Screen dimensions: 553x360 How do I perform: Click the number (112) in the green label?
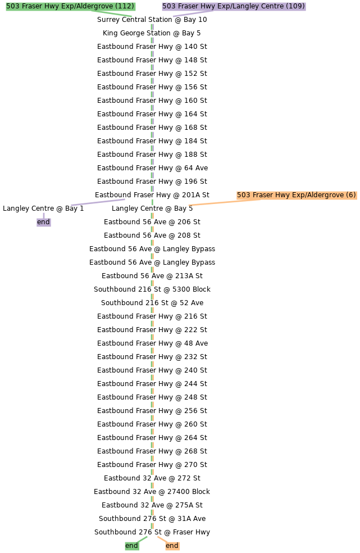pos(125,6)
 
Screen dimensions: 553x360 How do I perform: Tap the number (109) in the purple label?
pos(295,6)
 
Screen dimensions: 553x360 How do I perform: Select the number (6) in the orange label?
pos(350,195)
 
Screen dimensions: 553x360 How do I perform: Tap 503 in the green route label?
pos(12,6)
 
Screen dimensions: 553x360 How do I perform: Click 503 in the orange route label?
pos(243,195)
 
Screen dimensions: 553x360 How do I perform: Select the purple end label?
pos(43,222)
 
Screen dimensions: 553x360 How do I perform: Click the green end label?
pos(131,546)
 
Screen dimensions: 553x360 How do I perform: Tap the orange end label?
pos(172,546)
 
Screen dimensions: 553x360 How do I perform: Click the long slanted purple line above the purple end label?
pos(98,202)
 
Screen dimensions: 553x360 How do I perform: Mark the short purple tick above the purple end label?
pos(43,215)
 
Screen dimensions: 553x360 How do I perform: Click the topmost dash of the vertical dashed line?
pos(152,27)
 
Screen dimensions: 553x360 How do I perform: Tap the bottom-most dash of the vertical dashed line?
pos(152,525)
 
